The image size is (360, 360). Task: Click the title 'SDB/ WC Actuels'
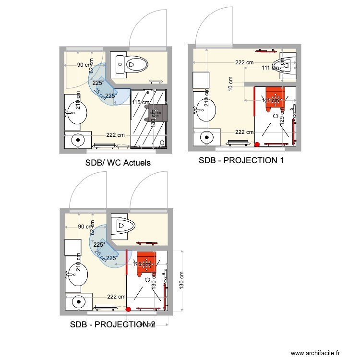click(x=118, y=163)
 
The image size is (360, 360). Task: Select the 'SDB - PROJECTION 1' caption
click(x=241, y=160)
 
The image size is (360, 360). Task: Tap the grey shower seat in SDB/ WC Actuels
click(x=157, y=113)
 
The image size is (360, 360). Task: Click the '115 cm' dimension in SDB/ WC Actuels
click(x=140, y=102)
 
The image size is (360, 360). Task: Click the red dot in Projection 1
click(x=257, y=144)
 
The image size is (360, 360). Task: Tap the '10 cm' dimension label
click(x=231, y=86)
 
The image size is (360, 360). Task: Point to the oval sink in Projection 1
click(x=205, y=111)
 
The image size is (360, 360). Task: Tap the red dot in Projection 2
click(x=128, y=309)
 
